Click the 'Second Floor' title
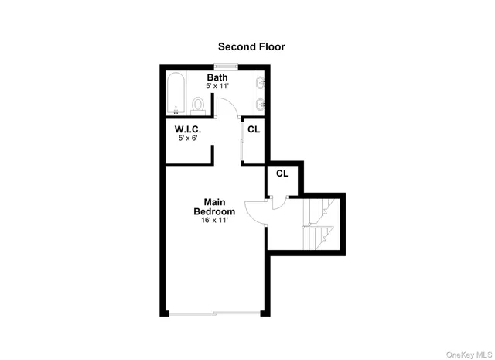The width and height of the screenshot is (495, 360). point(251,47)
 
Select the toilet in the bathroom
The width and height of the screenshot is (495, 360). point(199,104)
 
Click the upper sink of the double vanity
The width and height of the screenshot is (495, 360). point(260,84)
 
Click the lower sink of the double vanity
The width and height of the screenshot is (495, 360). point(260,103)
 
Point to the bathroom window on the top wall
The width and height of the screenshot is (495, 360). point(227,66)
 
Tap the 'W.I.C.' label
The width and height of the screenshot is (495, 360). point(188,129)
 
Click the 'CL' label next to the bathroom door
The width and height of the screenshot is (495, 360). point(254,129)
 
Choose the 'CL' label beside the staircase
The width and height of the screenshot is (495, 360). point(282,173)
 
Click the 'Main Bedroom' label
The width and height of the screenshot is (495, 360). point(214,207)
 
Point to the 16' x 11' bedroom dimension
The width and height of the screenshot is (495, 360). point(214,221)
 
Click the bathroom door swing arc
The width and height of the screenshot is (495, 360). point(227,108)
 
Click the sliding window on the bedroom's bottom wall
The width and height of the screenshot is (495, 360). point(214,313)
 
